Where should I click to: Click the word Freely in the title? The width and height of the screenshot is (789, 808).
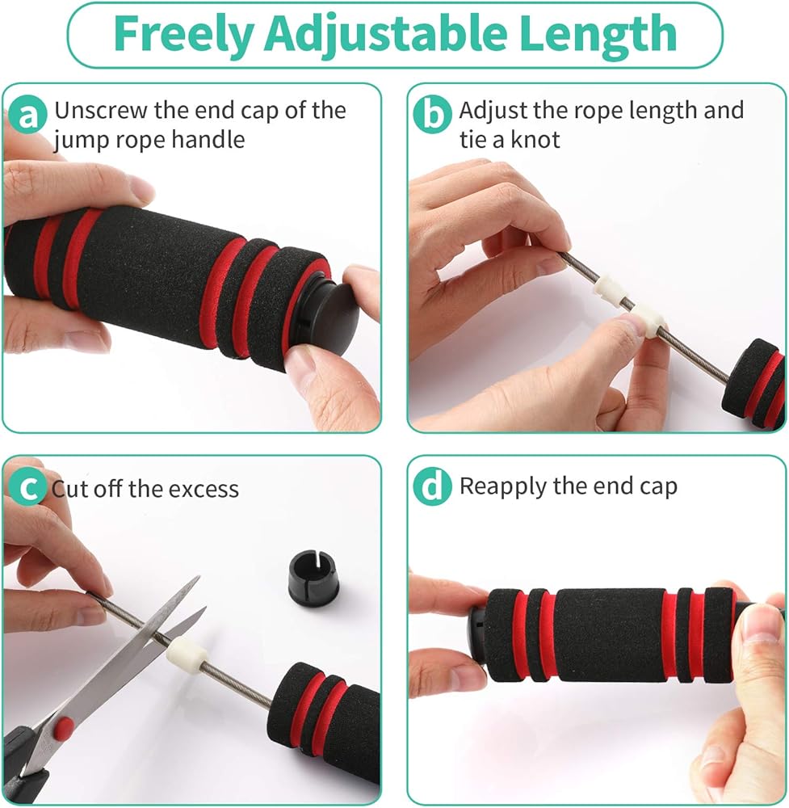pyautogui.click(x=183, y=33)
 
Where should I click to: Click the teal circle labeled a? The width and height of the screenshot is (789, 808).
pyautogui.click(x=27, y=115)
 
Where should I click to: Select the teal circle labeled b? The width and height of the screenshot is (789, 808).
pyautogui.click(x=433, y=115)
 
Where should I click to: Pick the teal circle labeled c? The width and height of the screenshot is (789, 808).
pyautogui.click(x=27, y=486)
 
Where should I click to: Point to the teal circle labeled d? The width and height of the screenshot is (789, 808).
pyautogui.click(x=433, y=486)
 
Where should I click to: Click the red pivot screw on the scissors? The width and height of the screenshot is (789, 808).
pyautogui.click(x=64, y=726)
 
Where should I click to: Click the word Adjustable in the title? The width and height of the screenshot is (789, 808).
pyautogui.click(x=386, y=35)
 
